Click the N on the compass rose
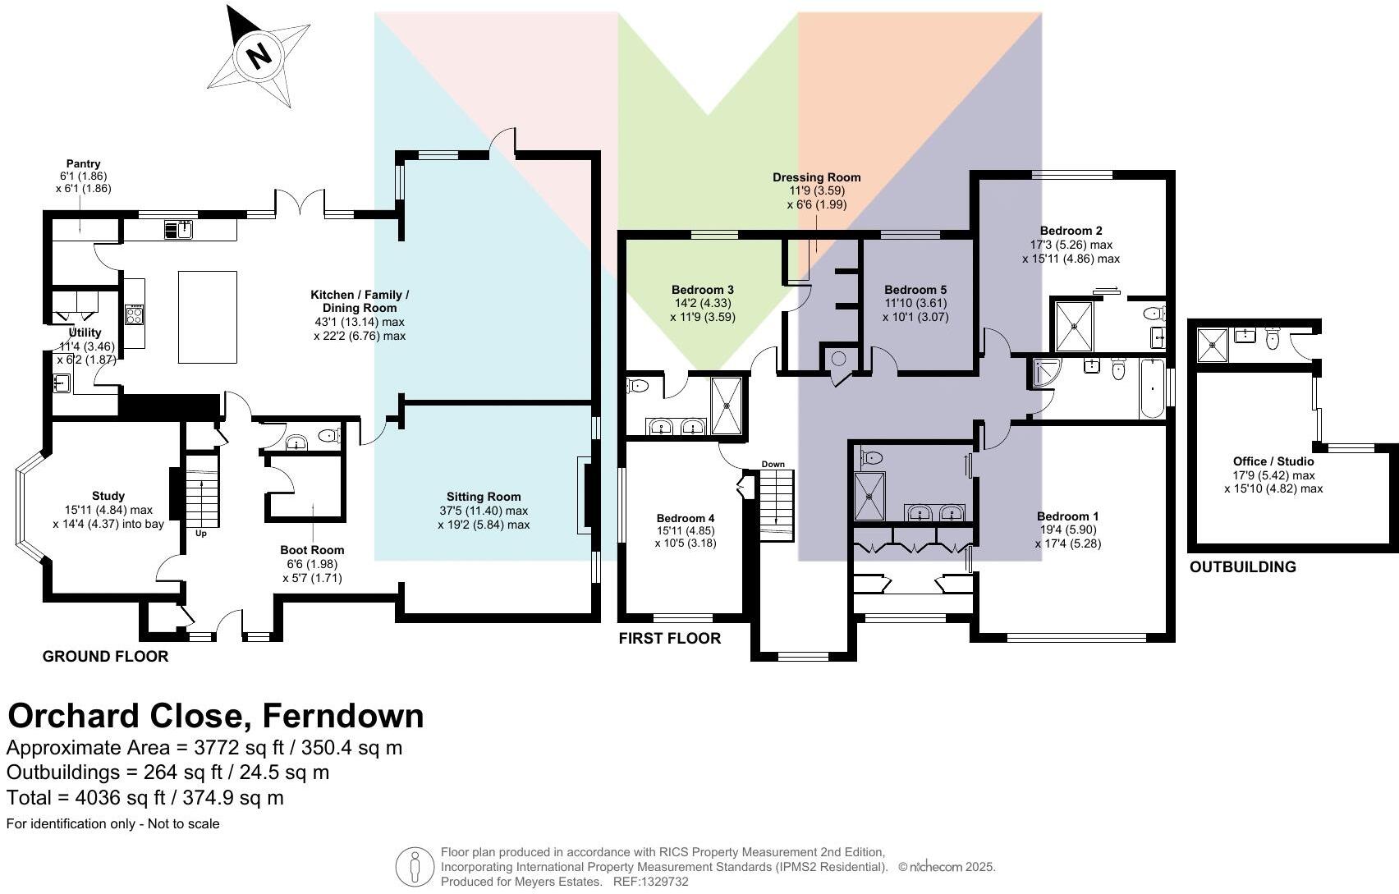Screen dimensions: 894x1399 [x=259, y=56]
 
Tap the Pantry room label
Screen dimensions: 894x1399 [x=84, y=164]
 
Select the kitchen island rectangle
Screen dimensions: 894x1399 [x=208, y=317]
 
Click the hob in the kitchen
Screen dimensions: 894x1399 [x=135, y=315]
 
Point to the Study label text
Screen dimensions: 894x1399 [x=108, y=496]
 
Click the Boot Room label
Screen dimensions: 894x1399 [x=312, y=550]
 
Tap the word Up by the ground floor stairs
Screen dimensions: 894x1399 [x=201, y=533]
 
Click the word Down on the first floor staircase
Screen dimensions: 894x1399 [x=773, y=465]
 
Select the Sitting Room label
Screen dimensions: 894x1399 [x=484, y=497]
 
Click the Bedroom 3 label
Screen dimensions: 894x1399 [x=702, y=290]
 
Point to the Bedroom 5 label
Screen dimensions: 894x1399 [x=915, y=290]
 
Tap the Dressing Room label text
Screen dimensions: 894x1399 [x=816, y=177]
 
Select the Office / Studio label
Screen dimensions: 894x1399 [x=1273, y=461]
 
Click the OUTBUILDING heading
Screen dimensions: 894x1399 [x=1242, y=567]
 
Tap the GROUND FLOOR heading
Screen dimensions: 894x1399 [x=105, y=657]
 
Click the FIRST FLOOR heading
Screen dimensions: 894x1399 [x=669, y=639]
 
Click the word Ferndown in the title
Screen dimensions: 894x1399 [x=342, y=716]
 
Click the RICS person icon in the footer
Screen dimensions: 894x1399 [x=415, y=866]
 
